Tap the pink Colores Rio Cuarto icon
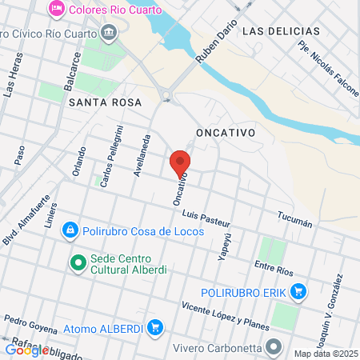57,10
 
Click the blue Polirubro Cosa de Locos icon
70,230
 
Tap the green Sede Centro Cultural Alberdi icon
78,262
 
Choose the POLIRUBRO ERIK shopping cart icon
299,292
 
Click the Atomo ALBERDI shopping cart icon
156,327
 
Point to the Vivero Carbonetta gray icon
274,347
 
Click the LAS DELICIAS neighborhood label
280,31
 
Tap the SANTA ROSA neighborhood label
105,102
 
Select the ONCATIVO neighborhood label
225,131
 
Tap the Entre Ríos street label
270,265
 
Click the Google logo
26,350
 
